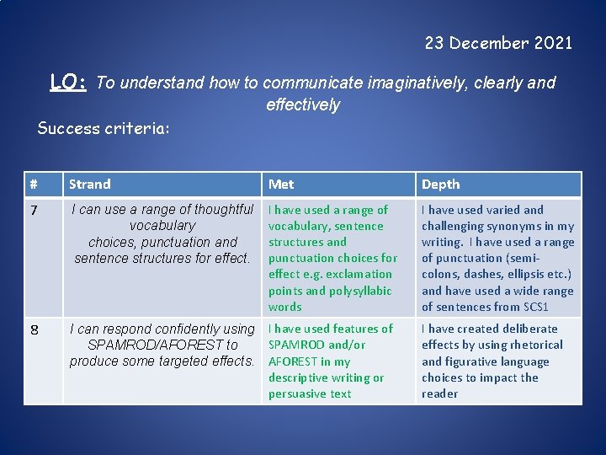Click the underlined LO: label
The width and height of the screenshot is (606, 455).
69,82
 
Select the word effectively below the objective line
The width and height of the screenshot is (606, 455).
303,104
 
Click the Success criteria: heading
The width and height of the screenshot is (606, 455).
104,129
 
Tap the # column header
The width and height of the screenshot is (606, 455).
34,185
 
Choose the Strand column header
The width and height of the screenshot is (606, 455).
90,185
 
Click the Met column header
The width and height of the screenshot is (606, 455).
280,185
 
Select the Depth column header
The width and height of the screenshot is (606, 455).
440,185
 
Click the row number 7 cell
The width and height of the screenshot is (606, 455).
34,210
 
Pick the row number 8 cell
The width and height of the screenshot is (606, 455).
34,329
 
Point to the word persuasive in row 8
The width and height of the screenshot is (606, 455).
299,394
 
